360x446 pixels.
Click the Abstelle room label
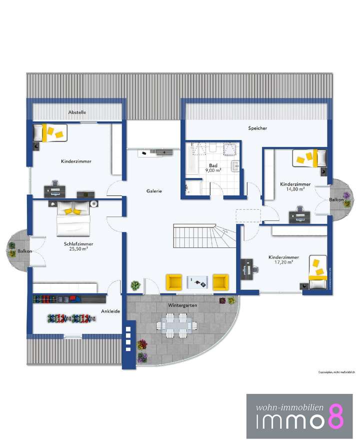[77, 112]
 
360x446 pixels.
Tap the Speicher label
[257, 128]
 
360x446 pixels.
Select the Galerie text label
[154, 191]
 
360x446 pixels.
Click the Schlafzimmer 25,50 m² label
[79, 246]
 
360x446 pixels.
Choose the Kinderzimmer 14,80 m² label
[295, 186]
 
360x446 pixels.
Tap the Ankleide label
[110, 311]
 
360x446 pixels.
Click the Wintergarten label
[182, 304]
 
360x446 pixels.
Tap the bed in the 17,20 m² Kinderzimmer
[317, 272]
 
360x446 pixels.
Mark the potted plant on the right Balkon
[346, 195]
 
